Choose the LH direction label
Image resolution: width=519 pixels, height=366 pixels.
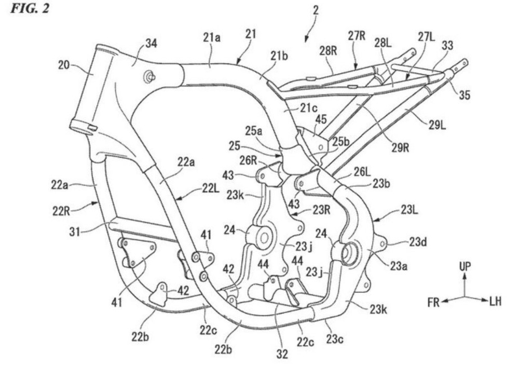click(495, 302)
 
